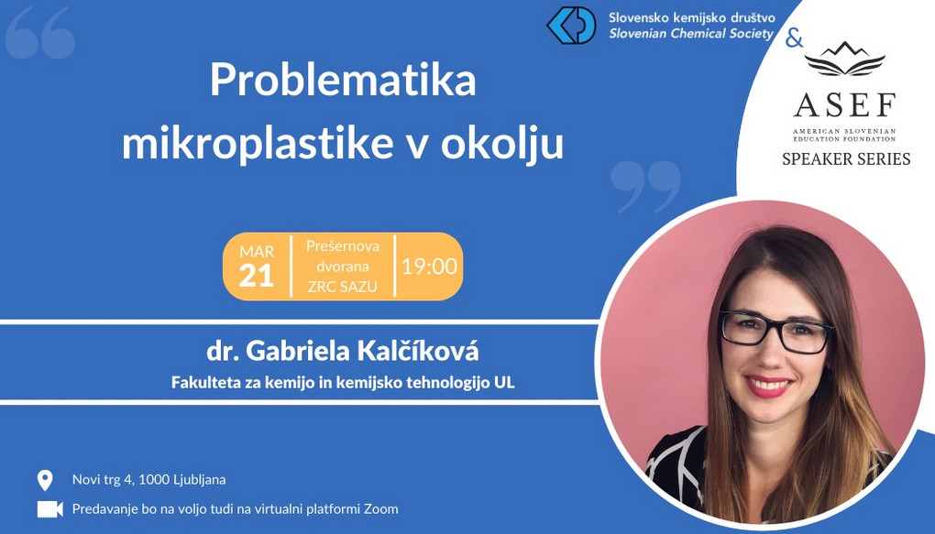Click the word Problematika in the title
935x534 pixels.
[343, 82]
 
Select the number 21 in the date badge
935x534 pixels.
[257, 276]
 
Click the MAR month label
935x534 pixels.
[257, 251]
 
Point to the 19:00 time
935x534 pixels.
[429, 267]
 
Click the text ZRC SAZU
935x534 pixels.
[342, 287]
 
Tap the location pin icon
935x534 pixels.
[45, 480]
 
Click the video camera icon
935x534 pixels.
[50, 509]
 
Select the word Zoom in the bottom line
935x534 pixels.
[380, 509]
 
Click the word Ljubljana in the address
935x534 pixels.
[199, 480]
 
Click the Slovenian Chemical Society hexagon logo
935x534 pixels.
[571, 26]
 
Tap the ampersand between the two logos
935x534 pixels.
[794, 38]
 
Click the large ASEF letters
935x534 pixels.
[844, 105]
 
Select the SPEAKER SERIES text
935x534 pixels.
[846, 159]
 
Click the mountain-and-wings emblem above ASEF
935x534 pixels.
[844, 59]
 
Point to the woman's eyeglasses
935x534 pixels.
[775, 331]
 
